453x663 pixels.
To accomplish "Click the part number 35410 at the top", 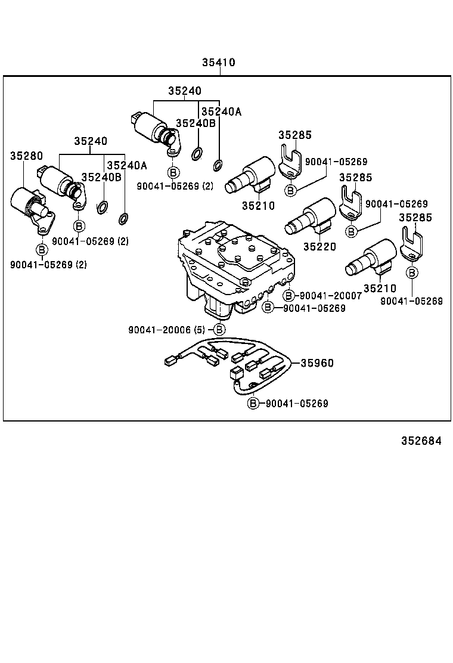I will (218, 63).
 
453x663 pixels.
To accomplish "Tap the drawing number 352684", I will (421, 441).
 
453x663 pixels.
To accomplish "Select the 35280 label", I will (26, 156).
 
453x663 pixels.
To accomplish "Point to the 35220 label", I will (319, 246).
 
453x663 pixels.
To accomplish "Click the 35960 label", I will (317, 363).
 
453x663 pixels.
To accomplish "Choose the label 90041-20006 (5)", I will (169, 329).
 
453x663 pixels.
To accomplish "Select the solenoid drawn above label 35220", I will (311, 218).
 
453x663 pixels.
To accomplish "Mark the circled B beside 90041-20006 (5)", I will (219, 329).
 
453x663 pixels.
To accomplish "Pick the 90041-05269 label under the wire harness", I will (296, 404).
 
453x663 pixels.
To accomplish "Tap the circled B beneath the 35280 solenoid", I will (42, 249).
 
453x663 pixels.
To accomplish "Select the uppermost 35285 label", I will (294, 135).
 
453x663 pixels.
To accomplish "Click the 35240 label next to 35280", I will (91, 141).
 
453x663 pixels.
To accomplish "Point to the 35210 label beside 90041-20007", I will (380, 288).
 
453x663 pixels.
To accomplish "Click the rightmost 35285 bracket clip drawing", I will (412, 244).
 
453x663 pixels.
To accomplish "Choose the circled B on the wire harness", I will (253, 404).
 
